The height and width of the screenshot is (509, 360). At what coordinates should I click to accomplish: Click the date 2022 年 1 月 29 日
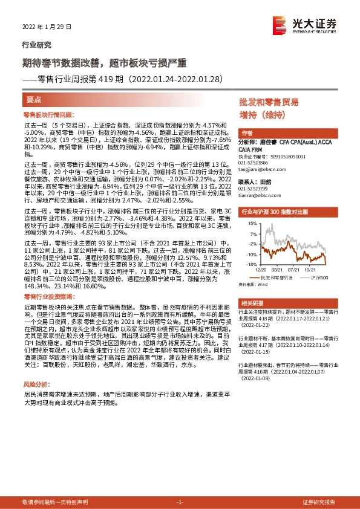(47, 27)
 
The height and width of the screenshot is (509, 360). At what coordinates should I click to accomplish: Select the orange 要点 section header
(34, 98)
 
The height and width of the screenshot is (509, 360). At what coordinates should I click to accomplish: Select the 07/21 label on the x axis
(294, 269)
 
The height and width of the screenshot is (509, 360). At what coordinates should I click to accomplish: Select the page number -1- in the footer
(180, 503)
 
